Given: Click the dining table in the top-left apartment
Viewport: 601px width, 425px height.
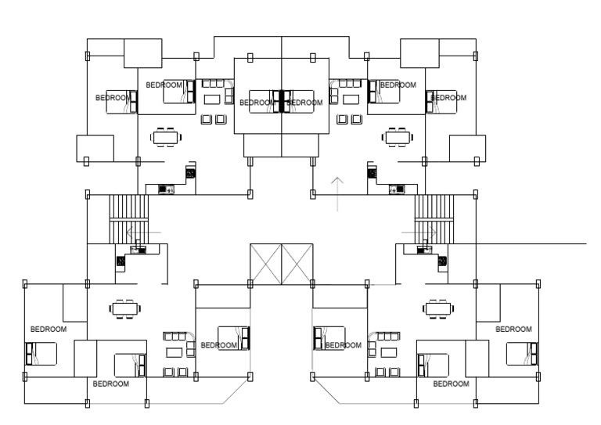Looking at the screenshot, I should point(165,137).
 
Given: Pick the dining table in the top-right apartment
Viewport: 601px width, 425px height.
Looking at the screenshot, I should point(397,137).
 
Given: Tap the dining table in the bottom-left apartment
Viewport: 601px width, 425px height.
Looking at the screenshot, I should point(124,308).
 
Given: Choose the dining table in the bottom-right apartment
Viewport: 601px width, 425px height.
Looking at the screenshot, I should point(437,308).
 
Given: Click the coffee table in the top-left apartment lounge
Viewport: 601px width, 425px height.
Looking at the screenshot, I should point(211,99).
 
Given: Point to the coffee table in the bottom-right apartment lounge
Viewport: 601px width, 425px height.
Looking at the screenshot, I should point(388,352).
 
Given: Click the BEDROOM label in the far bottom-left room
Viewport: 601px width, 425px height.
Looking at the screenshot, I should point(49,329).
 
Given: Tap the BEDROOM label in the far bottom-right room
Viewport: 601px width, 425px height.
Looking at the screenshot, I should point(513,329).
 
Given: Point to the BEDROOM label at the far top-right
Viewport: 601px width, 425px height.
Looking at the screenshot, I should point(449,98).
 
